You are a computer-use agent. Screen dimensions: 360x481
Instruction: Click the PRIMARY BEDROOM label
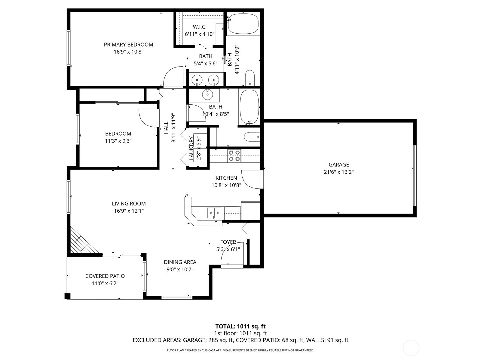point(128,45)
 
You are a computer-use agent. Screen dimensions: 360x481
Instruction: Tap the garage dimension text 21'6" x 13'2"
point(339,172)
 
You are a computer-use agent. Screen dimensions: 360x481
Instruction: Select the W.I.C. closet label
point(200,27)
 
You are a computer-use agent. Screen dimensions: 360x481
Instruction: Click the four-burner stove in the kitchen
point(234,156)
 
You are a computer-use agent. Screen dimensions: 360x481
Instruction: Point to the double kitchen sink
point(214,213)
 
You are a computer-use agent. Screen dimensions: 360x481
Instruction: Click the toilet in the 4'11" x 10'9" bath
point(250,77)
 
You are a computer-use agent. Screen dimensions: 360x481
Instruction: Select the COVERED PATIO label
point(105,276)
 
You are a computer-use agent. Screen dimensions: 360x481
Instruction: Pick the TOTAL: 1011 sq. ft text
point(240,326)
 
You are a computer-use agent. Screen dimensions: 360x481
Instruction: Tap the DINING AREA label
point(180,262)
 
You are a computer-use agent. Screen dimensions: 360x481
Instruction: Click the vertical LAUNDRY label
point(191,148)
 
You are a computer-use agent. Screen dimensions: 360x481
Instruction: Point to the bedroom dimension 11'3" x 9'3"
point(118,141)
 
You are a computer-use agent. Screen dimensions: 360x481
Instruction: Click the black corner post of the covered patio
point(68,296)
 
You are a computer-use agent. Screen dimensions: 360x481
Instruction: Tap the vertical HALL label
point(166,127)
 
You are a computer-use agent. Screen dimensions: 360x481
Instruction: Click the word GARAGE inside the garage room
point(339,165)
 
